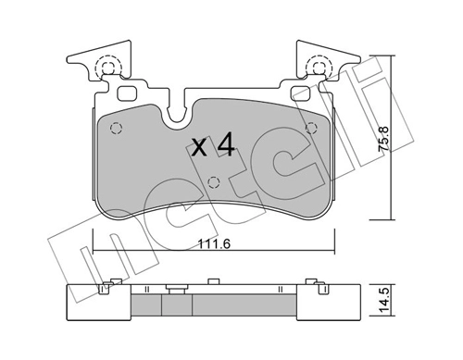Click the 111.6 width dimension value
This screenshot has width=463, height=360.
pyautogui.click(x=214, y=244)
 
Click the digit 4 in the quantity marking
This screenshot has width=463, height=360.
pyautogui.click(x=226, y=144)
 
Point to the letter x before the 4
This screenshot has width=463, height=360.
pyautogui.click(x=199, y=147)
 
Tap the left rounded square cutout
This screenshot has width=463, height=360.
pyautogui.click(x=127, y=93)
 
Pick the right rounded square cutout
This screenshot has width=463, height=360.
pyautogui.click(x=300, y=93)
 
